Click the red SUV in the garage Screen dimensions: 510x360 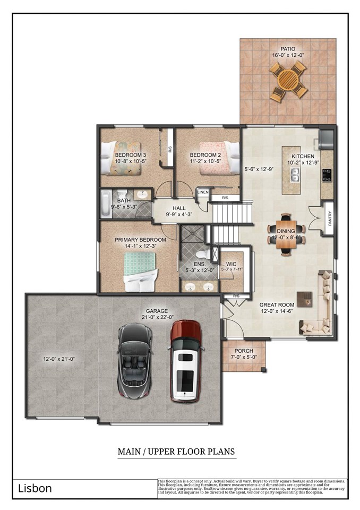185,361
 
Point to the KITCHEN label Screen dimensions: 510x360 303,156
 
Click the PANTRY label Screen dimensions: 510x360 329,218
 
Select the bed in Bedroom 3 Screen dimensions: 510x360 123,158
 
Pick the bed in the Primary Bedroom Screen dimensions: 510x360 141,270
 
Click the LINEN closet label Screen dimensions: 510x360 202,192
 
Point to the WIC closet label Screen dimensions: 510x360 231,263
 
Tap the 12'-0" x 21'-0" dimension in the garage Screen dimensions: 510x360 58,359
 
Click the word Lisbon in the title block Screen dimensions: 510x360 35,488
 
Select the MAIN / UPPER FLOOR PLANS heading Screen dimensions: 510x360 176,452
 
